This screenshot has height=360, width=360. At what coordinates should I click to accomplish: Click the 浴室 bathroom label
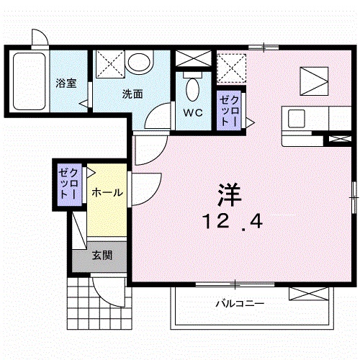pyautogui.click(x=66, y=83)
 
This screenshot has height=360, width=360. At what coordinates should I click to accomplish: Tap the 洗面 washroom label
pyautogui.click(x=132, y=94)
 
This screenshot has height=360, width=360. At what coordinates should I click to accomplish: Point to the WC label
pyautogui.click(x=193, y=112)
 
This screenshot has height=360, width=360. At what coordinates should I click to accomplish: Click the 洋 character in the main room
pyautogui.click(x=229, y=194)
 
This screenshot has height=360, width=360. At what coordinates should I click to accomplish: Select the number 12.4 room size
pyautogui.click(x=233, y=222)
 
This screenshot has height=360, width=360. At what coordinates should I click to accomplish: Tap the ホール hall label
pyautogui.click(x=107, y=192)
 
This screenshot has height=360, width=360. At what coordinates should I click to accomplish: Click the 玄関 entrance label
pyautogui.click(x=102, y=256)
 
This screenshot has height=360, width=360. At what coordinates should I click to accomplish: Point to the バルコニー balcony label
pyautogui.click(x=240, y=304)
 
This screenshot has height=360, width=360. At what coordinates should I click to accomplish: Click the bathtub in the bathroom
pyautogui.click(x=30, y=81)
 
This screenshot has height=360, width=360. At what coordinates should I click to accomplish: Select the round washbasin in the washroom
pyautogui.click(x=138, y=63)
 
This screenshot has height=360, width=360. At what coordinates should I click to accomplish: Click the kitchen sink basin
pyautogui.click(x=297, y=119)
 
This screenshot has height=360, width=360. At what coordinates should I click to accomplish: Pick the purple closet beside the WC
pyautogui.click(x=228, y=110)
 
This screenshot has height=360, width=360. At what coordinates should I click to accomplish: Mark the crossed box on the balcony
pyautogui.click(x=308, y=293)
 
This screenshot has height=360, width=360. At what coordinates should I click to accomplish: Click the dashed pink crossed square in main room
pyautogui.click(x=232, y=69)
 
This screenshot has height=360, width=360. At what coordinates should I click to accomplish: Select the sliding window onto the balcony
pyautogui.click(x=235, y=284)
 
